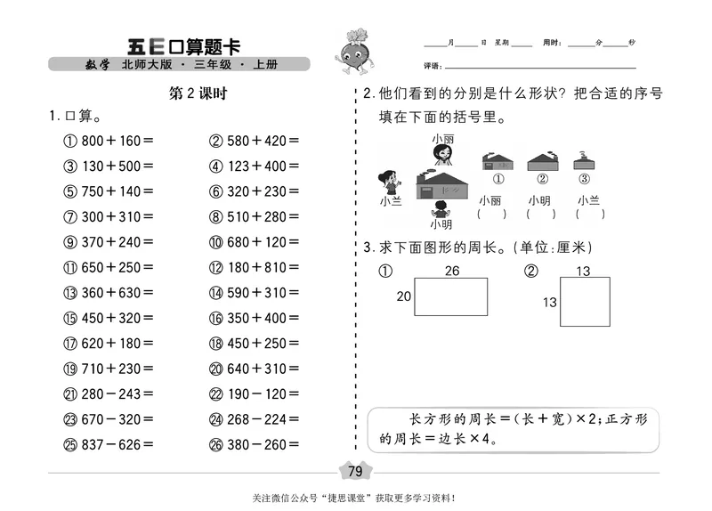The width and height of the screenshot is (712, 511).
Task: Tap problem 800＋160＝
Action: pos(117,140)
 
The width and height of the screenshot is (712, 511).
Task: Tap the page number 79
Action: pos(355,471)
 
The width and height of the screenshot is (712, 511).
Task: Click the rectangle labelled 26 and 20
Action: pos(451,296)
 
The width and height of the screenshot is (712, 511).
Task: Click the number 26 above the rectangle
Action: pos(451,271)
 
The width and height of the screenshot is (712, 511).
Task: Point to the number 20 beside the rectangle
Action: pos(403,297)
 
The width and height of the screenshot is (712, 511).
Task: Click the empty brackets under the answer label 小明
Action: pos(540,214)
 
